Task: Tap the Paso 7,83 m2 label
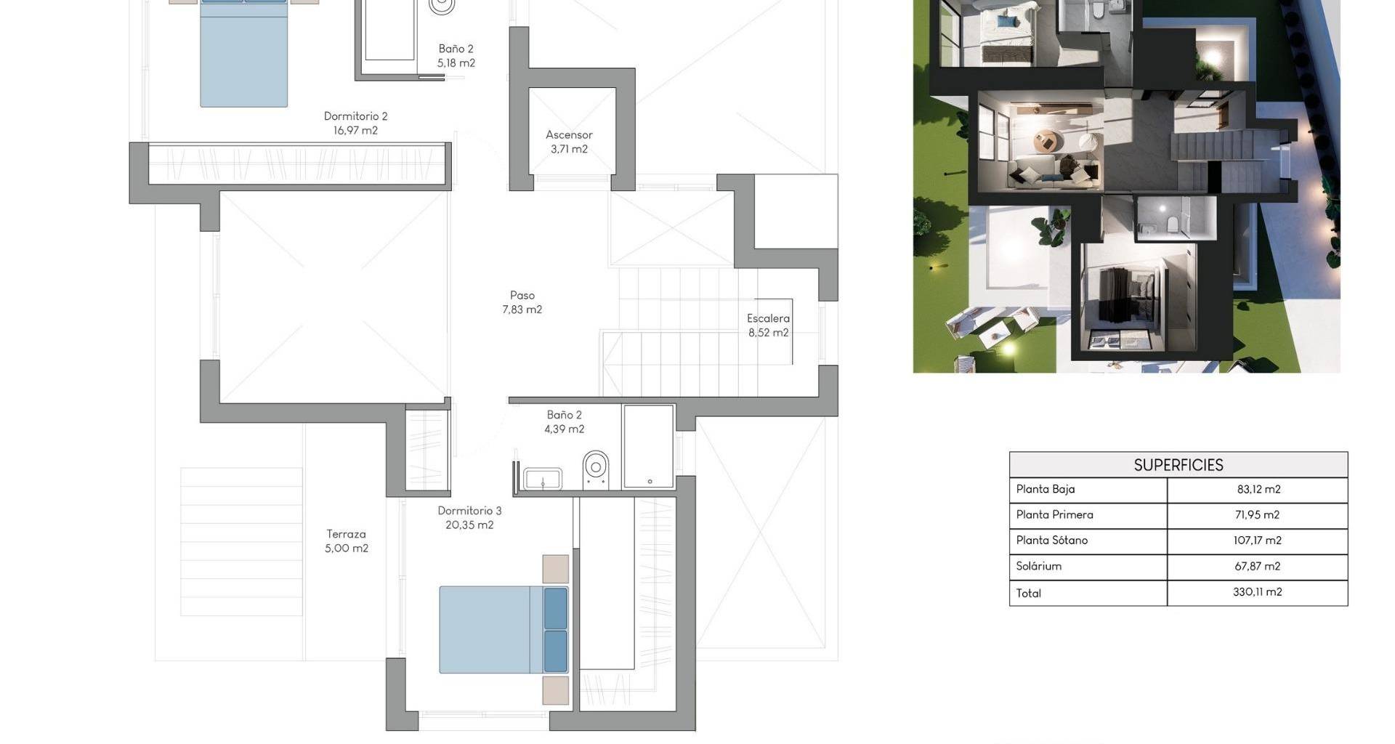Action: click(x=522, y=302)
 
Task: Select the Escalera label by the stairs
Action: click(x=768, y=318)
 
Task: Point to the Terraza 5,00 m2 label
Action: click(x=347, y=541)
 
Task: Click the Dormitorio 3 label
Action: click(x=469, y=511)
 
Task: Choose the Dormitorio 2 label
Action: click(x=355, y=116)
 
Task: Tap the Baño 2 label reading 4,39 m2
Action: click(x=565, y=422)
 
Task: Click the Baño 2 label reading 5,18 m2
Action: click(x=456, y=56)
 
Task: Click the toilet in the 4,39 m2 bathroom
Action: click(x=596, y=469)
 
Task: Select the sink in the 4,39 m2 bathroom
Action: click(x=543, y=480)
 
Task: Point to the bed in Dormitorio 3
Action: click(x=504, y=630)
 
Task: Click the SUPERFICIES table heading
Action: click(x=1178, y=465)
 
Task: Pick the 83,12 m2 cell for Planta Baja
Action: click(x=1258, y=489)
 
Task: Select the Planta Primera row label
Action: click(x=1054, y=514)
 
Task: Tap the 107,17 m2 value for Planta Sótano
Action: click(x=1258, y=540)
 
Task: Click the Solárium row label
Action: click(x=1039, y=566)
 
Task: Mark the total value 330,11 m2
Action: click(x=1258, y=591)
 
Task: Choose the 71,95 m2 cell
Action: click(x=1258, y=514)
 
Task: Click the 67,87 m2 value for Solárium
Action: click(x=1258, y=566)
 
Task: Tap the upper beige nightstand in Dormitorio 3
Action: click(x=556, y=569)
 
